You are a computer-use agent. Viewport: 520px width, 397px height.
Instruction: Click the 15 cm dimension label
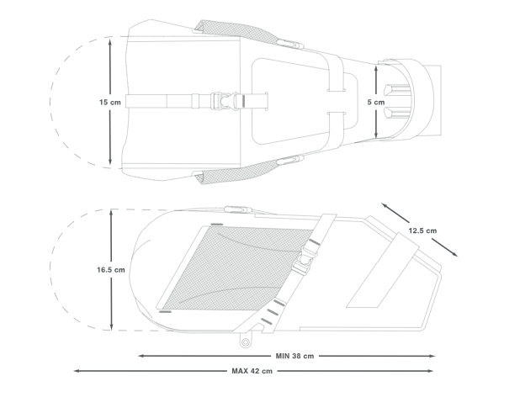(110, 102)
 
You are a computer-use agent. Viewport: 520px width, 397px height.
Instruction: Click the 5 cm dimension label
(376, 102)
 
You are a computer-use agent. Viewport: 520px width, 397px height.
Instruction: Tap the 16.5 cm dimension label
(111, 270)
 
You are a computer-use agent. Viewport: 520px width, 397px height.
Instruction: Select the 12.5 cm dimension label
(422, 230)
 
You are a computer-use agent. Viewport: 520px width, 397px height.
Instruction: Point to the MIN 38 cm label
(294, 356)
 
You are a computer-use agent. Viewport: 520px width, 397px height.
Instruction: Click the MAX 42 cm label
(252, 371)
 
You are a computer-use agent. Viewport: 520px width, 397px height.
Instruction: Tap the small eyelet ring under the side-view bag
(245, 342)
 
